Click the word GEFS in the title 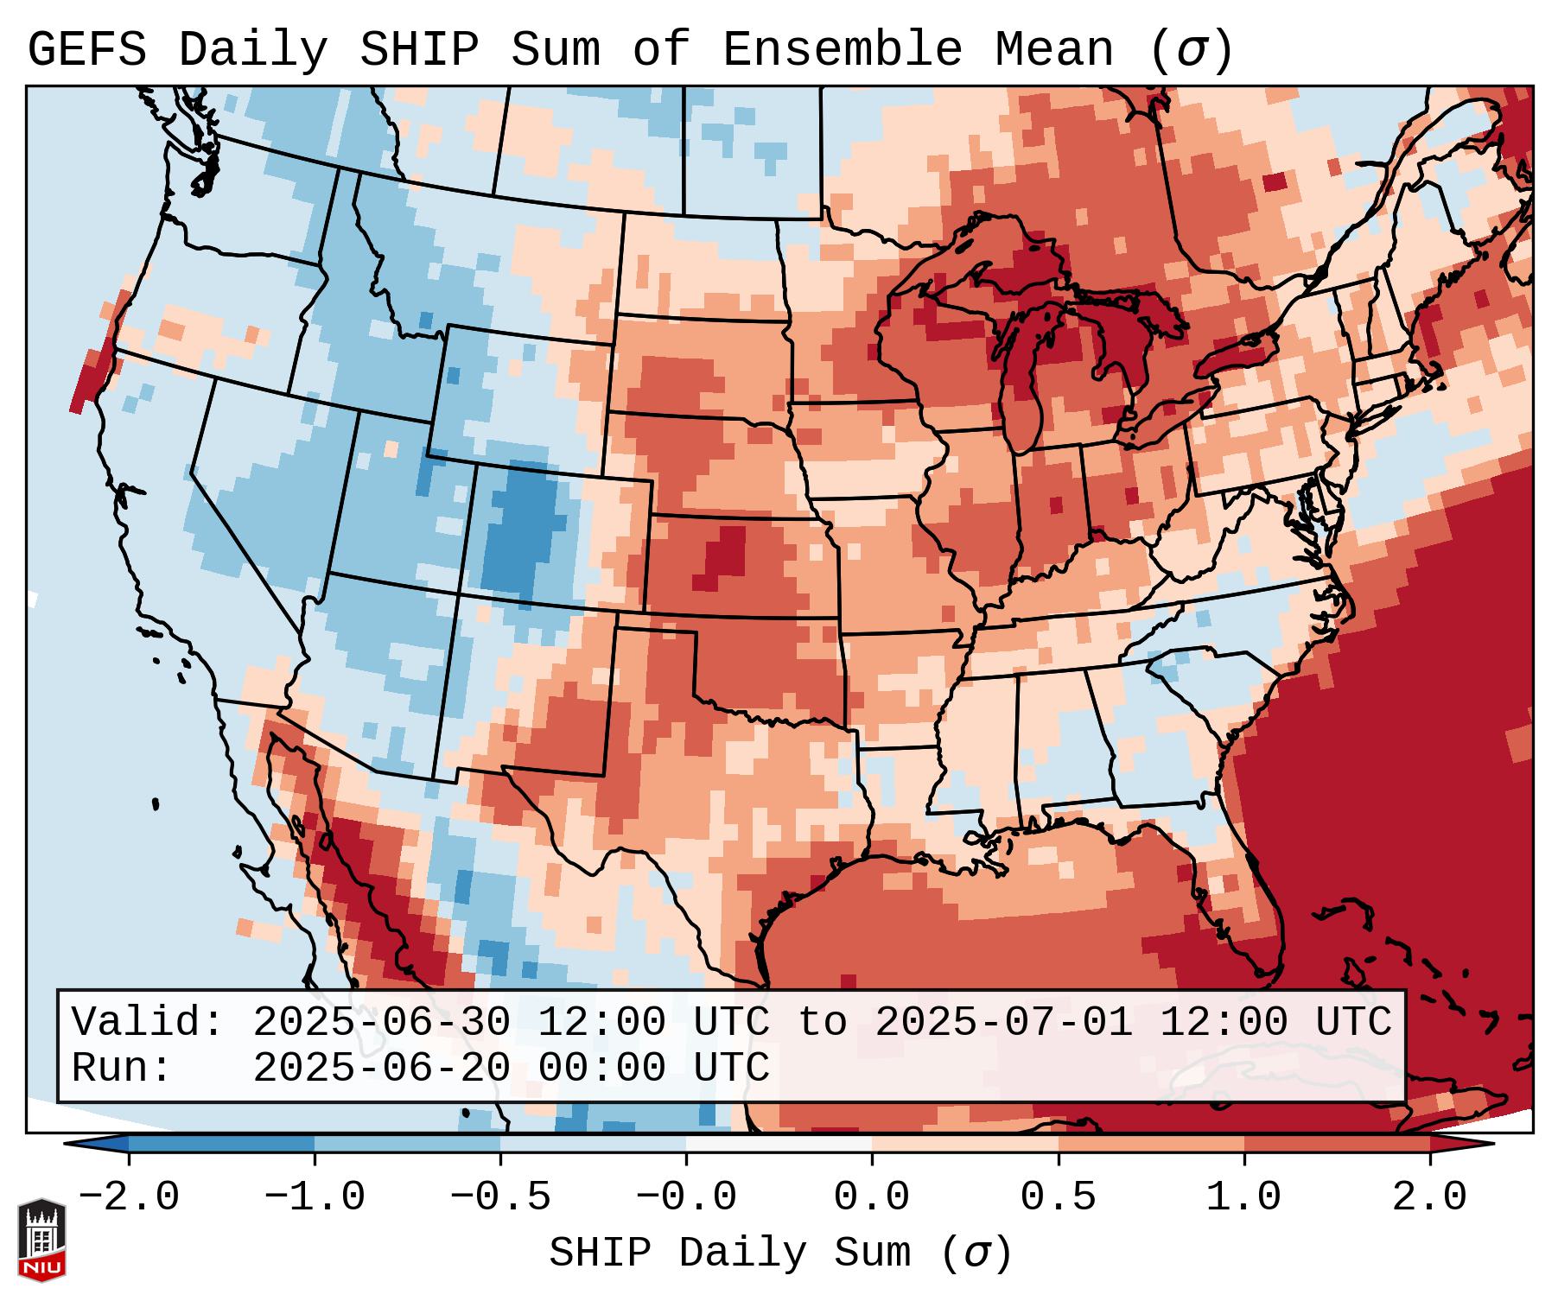[86, 50]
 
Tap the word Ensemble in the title [842, 50]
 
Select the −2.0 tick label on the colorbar [129, 1197]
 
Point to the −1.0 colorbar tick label [315, 1197]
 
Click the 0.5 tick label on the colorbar [1059, 1197]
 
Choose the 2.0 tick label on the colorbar [1430, 1197]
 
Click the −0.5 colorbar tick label [500, 1197]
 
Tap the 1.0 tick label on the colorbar [1244, 1197]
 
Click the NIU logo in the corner [41, 1239]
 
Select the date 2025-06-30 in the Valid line [382, 1023]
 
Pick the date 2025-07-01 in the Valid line [1004, 1023]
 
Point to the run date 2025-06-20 [382, 1069]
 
